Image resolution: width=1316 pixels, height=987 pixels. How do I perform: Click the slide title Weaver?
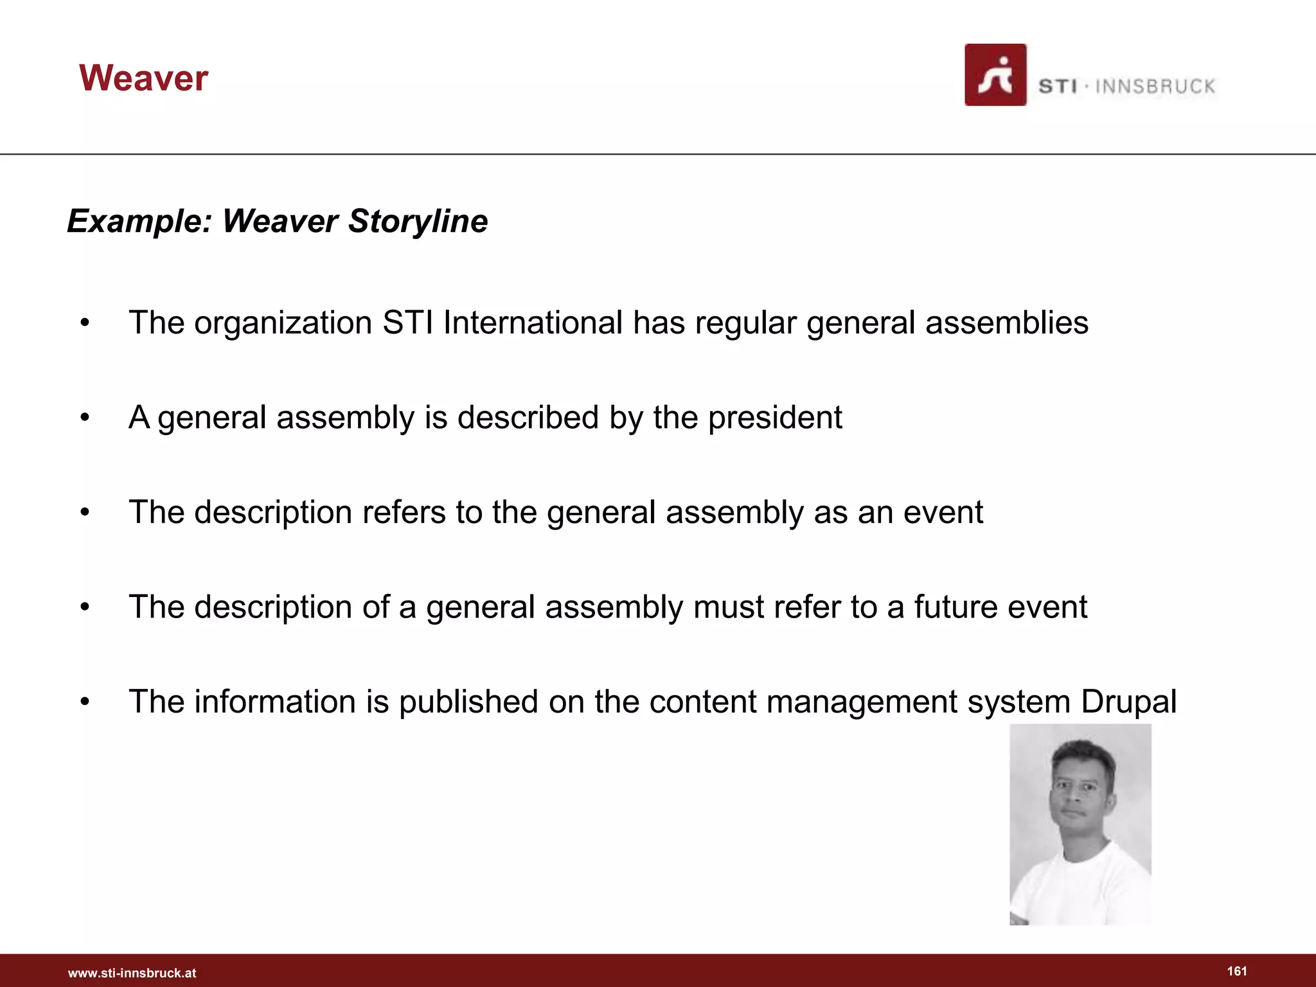click(143, 78)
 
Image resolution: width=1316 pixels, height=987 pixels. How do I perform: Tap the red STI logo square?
click(995, 75)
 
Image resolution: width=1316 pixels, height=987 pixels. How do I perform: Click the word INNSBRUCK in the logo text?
click(1155, 87)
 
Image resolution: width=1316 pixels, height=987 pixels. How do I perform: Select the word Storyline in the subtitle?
click(418, 222)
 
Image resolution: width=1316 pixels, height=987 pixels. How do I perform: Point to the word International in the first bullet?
click(533, 323)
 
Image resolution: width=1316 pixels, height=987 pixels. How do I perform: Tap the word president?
click(774, 418)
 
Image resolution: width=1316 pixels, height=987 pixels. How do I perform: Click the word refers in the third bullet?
click(404, 512)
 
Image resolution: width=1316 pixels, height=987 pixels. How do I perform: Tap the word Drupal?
click(1128, 702)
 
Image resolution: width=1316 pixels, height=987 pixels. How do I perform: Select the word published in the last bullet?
click(468, 702)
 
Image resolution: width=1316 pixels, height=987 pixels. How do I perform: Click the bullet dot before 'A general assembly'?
click(85, 418)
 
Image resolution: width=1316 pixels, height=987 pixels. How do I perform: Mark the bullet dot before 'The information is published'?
click(85, 702)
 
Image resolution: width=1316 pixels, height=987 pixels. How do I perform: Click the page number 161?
click(1236, 971)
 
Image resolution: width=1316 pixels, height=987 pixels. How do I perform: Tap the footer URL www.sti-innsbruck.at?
click(132, 974)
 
